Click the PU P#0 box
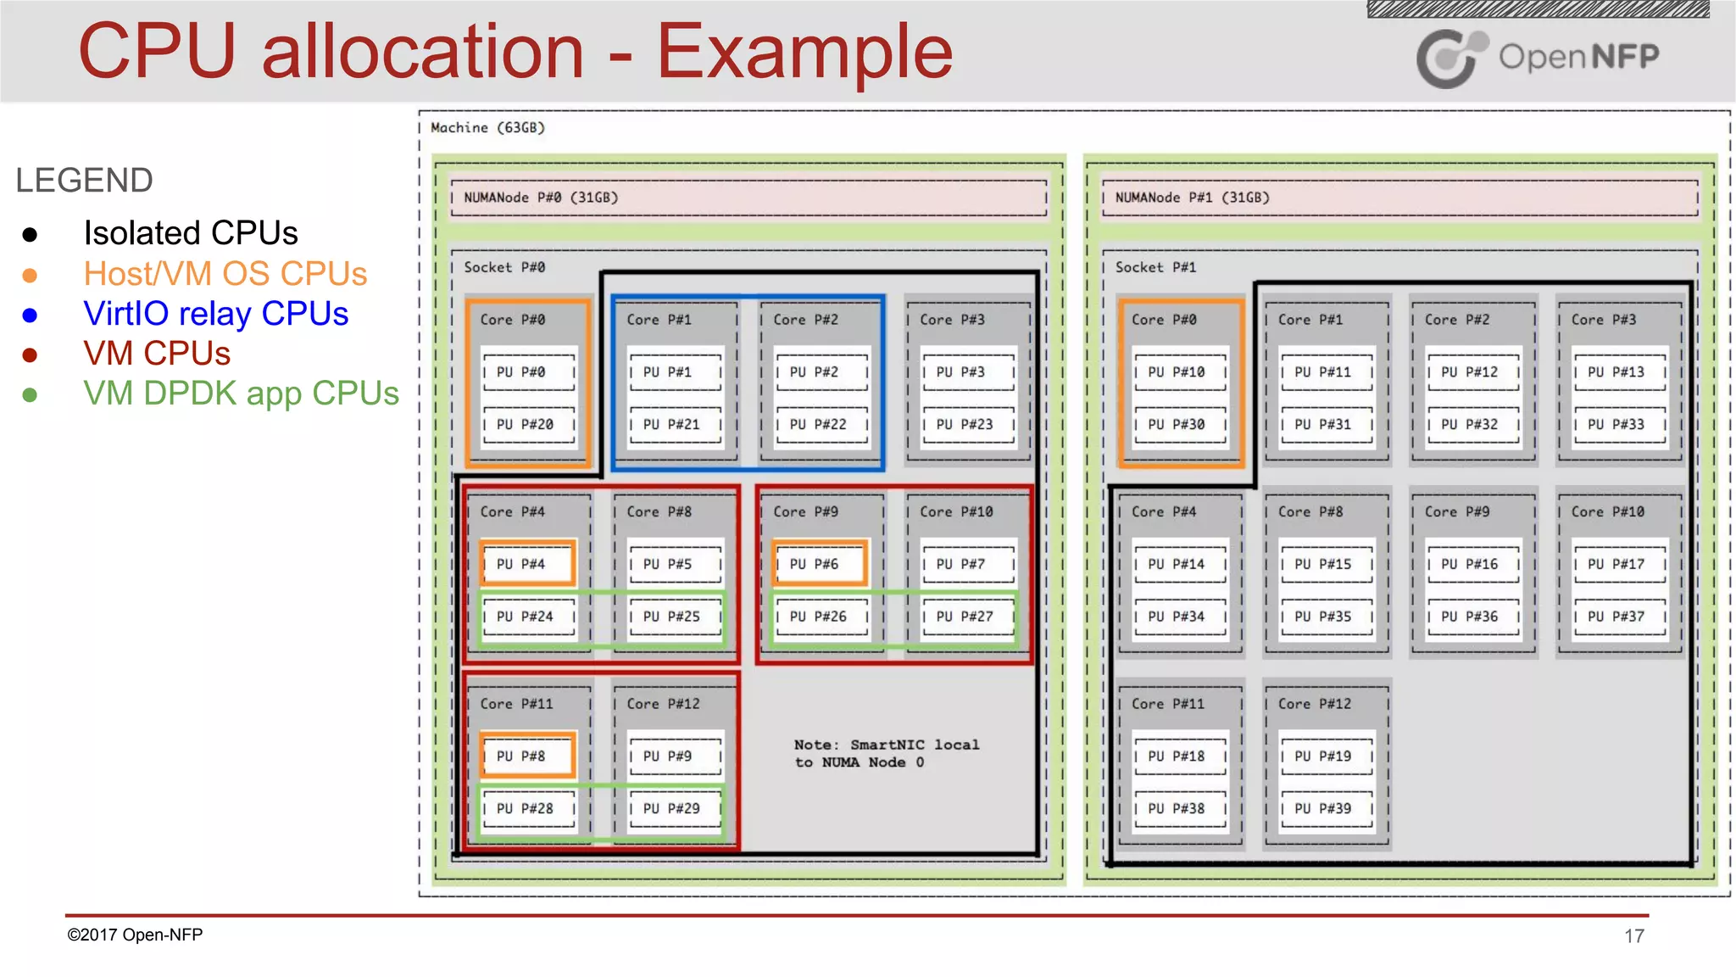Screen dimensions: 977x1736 [528, 372]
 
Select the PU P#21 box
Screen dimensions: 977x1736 [675, 424]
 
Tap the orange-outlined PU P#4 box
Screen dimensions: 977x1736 [528, 564]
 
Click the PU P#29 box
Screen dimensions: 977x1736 [675, 808]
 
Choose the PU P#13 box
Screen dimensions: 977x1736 [1620, 372]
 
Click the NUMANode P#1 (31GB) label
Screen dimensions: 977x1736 [1192, 198]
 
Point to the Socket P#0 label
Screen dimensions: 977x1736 [504, 267]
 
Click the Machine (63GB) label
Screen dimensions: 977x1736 [487, 128]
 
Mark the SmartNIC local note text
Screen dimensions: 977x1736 [886, 753]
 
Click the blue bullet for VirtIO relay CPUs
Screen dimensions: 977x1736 [30, 315]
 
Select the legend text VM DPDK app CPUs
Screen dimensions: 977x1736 [241, 394]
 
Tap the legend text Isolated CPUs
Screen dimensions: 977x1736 [191, 233]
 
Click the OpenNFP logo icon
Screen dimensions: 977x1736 [1450, 58]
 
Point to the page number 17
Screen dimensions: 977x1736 [1633, 936]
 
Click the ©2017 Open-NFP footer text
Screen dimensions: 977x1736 [135, 935]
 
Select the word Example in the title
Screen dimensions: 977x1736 [804, 53]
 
